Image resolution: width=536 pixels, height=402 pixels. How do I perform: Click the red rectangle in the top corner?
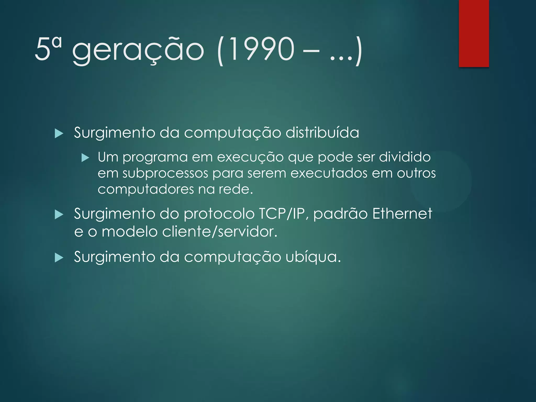click(x=474, y=33)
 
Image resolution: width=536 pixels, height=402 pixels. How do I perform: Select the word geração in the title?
click(x=138, y=50)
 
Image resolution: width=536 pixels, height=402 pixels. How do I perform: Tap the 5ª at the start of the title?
click(x=48, y=49)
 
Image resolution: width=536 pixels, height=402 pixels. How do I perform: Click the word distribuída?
click(x=322, y=132)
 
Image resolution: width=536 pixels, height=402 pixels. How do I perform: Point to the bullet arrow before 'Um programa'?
click(x=85, y=158)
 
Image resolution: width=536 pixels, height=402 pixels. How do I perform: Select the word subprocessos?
click(x=165, y=174)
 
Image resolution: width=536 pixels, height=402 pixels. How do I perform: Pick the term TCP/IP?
click(x=282, y=214)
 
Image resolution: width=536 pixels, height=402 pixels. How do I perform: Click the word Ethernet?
click(x=402, y=214)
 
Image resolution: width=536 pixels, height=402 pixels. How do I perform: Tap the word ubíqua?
click(x=313, y=257)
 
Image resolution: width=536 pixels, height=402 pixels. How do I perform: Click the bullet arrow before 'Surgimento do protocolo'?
click(x=59, y=215)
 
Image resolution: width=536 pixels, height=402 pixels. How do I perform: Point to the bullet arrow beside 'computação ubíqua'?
click(x=59, y=258)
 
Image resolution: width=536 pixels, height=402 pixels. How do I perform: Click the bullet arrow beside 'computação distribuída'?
click(x=59, y=134)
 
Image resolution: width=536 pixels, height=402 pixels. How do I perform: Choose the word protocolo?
click(x=219, y=214)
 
